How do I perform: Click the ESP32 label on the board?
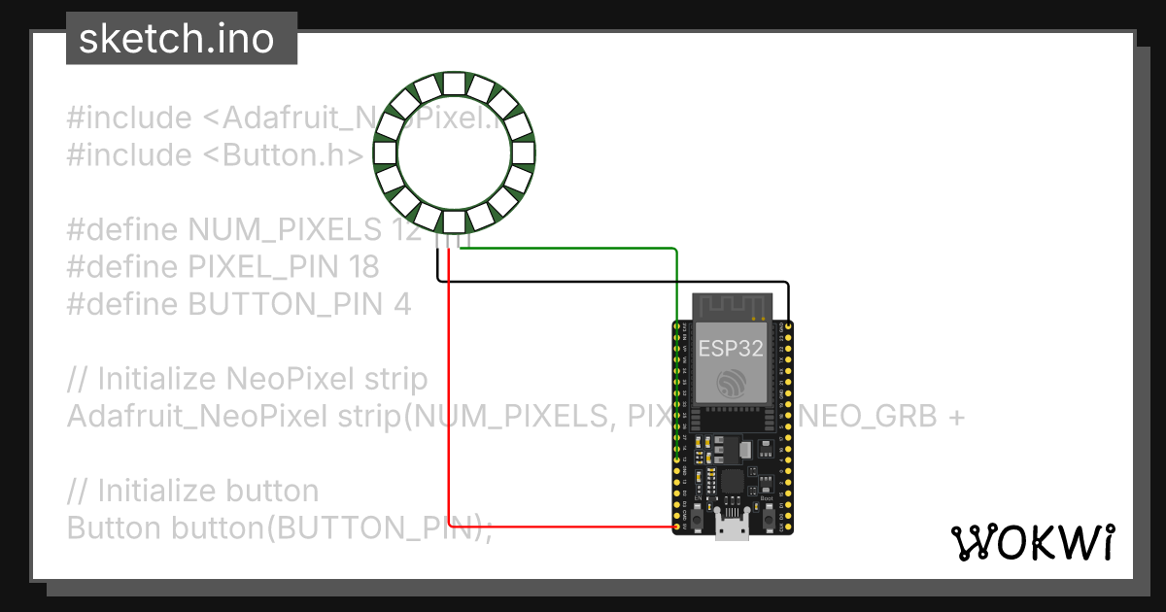[731, 348]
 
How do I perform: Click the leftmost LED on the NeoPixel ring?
[385, 153]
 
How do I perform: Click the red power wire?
[448, 408]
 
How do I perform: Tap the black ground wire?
[622, 282]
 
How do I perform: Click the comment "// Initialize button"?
[192, 491]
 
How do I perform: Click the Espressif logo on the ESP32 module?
[731, 382]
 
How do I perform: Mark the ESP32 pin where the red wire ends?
[677, 527]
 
